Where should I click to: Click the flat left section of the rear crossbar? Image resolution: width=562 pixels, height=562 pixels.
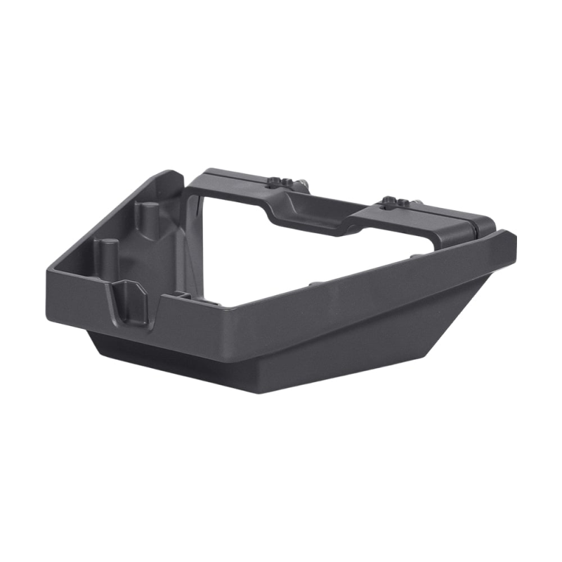tap(225, 184)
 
